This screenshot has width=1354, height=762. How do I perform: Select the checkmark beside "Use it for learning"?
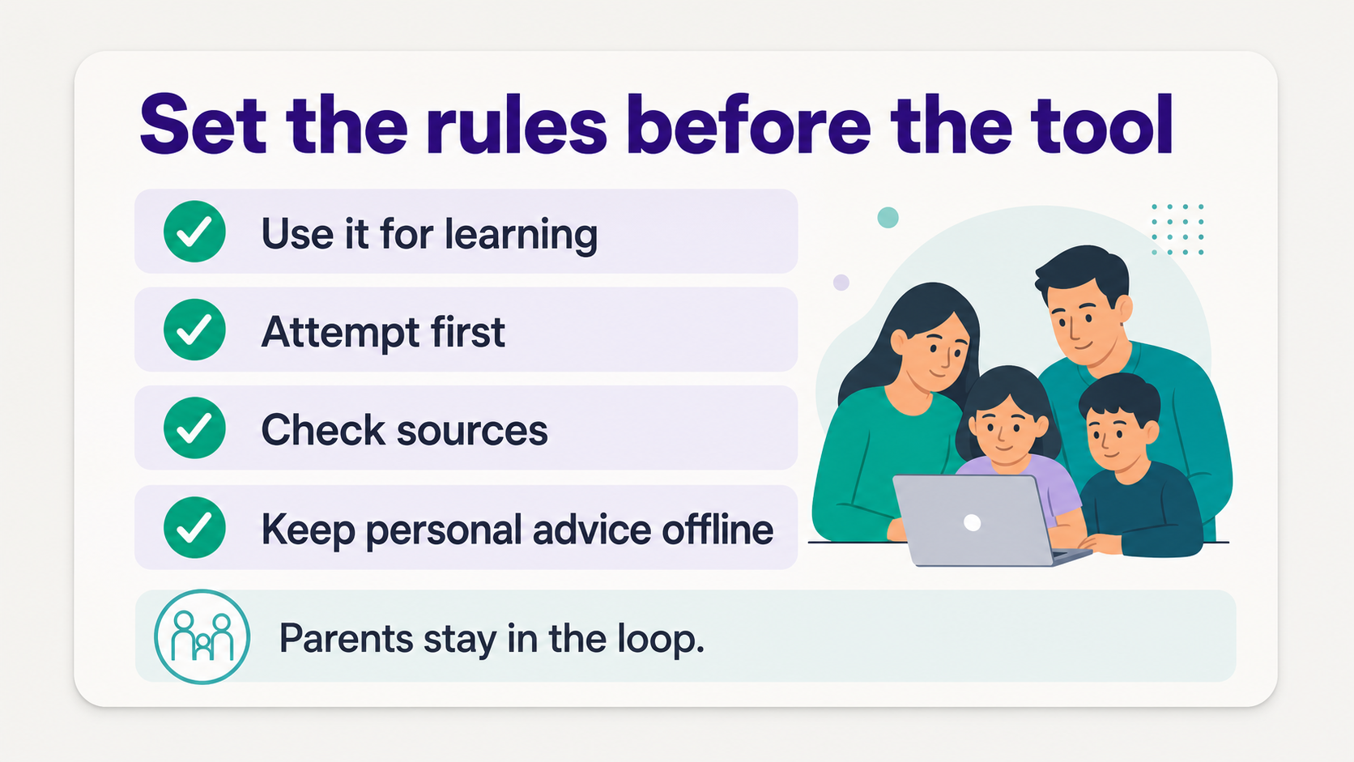194,232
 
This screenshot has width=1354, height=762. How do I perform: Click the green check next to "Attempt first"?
194,330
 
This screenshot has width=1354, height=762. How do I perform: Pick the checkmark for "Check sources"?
194,428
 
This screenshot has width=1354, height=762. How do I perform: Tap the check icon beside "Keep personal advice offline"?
194,527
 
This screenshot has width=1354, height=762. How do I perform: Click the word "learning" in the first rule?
521,236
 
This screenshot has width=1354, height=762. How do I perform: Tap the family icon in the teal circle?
202,636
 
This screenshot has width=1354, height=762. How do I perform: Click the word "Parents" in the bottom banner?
346,638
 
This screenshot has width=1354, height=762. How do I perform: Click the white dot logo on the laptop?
972,522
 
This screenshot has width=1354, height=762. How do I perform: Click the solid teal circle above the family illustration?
888,218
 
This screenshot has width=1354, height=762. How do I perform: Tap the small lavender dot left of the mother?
841,282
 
